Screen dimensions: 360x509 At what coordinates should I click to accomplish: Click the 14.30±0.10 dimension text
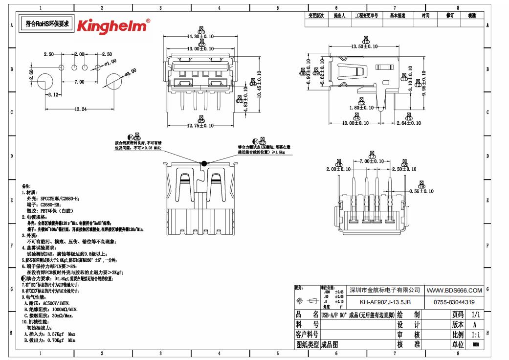click(x=201, y=37)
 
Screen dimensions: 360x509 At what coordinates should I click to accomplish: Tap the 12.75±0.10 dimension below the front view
click(x=200, y=126)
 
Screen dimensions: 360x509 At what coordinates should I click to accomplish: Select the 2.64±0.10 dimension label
click(x=408, y=123)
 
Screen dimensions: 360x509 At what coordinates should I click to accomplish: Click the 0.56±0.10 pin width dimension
click(x=421, y=191)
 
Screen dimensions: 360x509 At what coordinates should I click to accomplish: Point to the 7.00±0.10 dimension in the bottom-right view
click(x=372, y=161)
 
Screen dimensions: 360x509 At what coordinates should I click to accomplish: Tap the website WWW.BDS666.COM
click(x=455, y=291)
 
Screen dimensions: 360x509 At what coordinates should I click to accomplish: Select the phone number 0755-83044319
click(x=454, y=302)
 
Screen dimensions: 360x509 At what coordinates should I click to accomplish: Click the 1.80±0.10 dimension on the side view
click(x=361, y=108)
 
